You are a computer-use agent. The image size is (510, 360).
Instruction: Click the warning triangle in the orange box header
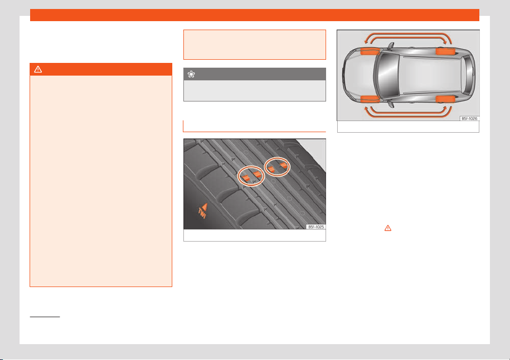pos(38,69)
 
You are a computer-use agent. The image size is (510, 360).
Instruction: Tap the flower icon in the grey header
pos(191,75)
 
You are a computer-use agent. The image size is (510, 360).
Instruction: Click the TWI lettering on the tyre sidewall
pos(202,214)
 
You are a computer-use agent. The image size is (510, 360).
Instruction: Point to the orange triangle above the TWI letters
pos(204,207)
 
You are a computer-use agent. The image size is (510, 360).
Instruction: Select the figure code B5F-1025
pos(316,227)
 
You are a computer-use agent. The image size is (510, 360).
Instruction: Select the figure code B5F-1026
pos(469,118)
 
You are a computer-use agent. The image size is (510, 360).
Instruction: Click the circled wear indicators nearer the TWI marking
pos(251,176)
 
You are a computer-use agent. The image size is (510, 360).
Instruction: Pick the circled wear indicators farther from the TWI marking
pos(277,167)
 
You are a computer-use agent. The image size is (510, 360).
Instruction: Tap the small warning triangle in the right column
pos(388,228)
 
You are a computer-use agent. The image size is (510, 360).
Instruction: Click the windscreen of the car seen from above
pos(388,75)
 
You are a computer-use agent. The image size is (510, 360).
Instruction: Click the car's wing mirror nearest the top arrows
pos(391,46)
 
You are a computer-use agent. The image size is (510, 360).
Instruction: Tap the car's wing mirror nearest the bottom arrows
pos(391,104)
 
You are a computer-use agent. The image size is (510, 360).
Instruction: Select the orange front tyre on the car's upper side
pos(370,51)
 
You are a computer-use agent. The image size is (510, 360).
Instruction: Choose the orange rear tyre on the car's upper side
pos(446,51)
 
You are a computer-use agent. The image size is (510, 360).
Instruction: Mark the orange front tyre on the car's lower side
pos(370,99)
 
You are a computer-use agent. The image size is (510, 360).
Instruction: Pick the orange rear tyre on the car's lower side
pos(446,99)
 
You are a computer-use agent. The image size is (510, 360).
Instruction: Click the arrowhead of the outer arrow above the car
pos(366,41)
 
